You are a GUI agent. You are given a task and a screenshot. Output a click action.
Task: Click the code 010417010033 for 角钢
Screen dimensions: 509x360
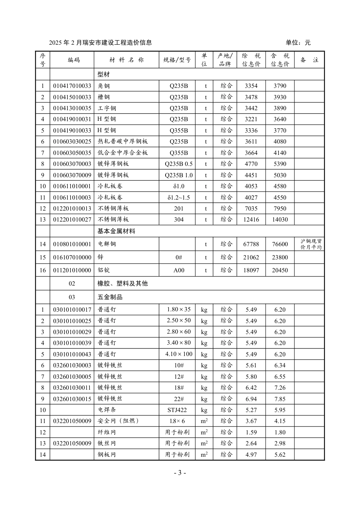tap(72, 86)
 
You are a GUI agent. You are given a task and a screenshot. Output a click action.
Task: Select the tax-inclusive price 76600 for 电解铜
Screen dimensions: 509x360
tap(280, 244)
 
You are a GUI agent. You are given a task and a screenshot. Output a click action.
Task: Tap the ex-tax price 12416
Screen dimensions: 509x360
tap(251, 220)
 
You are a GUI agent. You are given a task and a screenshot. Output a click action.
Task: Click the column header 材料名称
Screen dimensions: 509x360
tap(126, 60)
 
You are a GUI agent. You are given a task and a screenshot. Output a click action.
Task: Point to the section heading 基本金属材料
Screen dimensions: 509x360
tap(116, 231)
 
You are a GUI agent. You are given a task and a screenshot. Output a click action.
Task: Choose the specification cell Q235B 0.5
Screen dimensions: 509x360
tap(178, 164)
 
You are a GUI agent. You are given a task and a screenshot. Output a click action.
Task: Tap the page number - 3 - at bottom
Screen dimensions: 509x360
tap(180, 473)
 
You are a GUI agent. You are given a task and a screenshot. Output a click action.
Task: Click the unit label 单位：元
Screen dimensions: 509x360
tap(298, 43)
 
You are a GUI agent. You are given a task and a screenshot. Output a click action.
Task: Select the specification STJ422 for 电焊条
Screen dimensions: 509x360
tap(178, 410)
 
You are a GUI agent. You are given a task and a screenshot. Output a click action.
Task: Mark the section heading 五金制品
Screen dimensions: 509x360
tap(110, 297)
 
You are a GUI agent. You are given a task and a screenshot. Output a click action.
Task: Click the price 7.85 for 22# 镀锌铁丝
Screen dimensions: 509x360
tap(280, 399)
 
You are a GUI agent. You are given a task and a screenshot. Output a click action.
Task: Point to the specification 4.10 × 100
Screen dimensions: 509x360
tap(178, 354)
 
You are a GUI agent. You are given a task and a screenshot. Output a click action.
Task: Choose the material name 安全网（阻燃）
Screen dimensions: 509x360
tap(118, 421)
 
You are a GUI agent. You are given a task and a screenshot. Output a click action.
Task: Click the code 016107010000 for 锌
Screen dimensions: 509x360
tap(72, 258)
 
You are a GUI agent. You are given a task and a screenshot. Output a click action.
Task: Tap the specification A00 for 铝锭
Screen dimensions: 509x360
tap(178, 270)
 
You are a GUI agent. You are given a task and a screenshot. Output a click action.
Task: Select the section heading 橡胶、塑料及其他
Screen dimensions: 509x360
tap(122, 284)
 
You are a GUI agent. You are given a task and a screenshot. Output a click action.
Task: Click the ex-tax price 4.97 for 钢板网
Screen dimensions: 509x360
tap(251, 455)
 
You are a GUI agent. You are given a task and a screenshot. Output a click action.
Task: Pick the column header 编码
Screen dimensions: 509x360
tap(74, 60)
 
